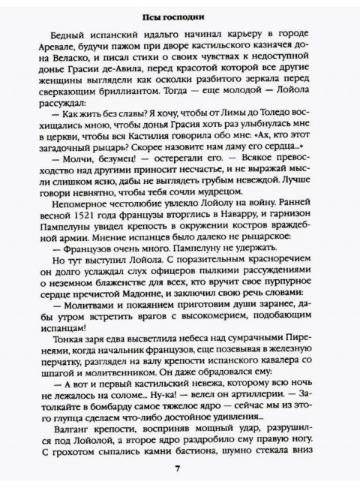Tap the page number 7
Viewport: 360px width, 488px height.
[x=178, y=468]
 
